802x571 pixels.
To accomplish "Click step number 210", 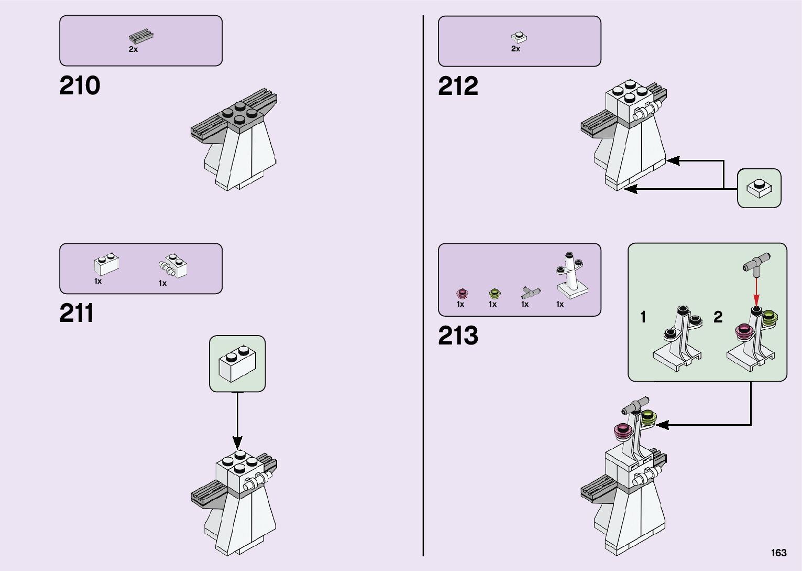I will point(80,85).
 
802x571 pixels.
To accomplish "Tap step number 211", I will point(76,313).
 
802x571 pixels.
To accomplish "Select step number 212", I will point(458,86).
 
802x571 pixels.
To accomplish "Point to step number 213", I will point(458,336).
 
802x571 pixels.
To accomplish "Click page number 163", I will point(778,553).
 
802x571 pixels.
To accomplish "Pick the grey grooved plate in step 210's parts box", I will point(141,37).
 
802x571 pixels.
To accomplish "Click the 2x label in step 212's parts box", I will point(515,49).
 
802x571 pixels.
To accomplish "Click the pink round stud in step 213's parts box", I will point(462,293).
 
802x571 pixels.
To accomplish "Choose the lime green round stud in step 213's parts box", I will point(494,293).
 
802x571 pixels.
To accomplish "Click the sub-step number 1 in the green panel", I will point(643,317).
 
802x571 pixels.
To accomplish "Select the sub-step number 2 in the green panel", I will point(718,317).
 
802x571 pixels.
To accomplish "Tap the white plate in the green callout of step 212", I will point(759,188).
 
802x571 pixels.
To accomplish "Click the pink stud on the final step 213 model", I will point(623,431).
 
